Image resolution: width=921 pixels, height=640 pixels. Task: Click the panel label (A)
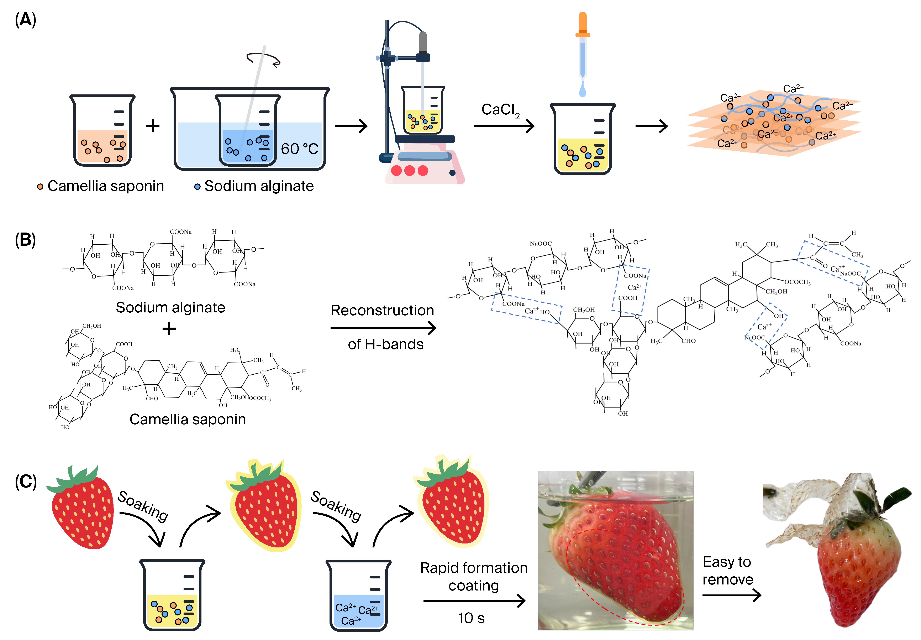[25, 19]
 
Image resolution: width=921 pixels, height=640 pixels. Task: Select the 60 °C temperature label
[299, 149]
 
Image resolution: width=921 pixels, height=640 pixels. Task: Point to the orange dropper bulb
[582, 24]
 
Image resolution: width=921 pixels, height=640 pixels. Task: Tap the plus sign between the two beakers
[153, 126]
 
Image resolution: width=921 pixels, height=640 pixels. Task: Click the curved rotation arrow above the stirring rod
[263, 59]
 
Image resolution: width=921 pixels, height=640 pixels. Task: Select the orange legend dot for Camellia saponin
[40, 186]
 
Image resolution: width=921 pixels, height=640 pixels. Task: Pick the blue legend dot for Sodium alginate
[197, 186]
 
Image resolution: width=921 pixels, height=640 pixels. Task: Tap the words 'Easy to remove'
[727, 570]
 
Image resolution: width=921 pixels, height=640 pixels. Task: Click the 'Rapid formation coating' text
[474, 576]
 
